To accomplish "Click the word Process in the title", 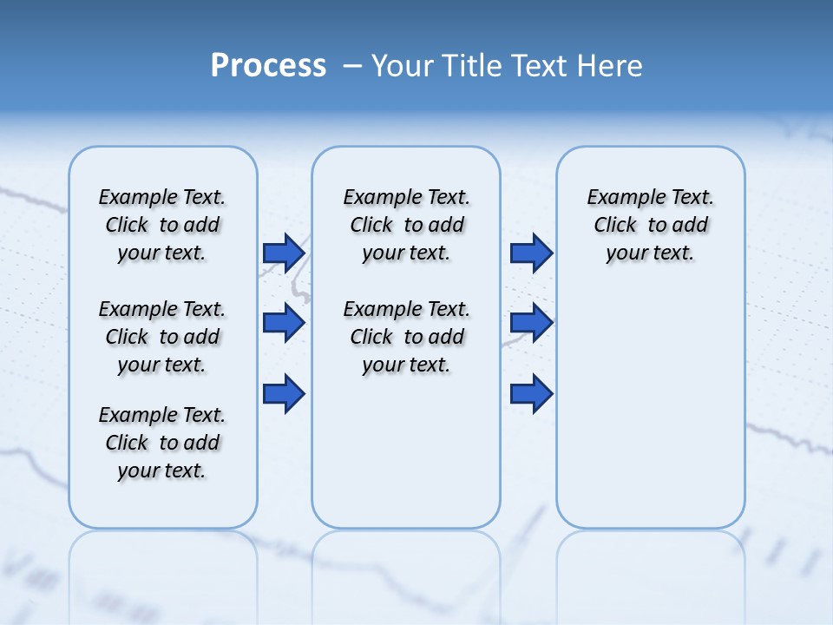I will [268, 66].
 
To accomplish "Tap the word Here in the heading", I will [609, 66].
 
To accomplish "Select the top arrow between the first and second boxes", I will [283, 253].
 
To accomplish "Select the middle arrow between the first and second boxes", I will [283, 323].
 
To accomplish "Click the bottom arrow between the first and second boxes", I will [283, 393].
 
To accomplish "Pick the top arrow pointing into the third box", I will [531, 253].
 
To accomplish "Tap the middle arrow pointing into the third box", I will [531, 323].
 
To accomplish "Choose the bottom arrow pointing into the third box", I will [531, 393].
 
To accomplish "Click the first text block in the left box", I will [162, 225].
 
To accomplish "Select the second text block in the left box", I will [162, 337].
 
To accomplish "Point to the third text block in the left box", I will [162, 443].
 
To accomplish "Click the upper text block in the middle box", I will [406, 225].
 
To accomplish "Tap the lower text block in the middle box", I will [406, 337].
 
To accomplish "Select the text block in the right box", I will [650, 225].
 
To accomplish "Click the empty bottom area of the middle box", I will [406, 460].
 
